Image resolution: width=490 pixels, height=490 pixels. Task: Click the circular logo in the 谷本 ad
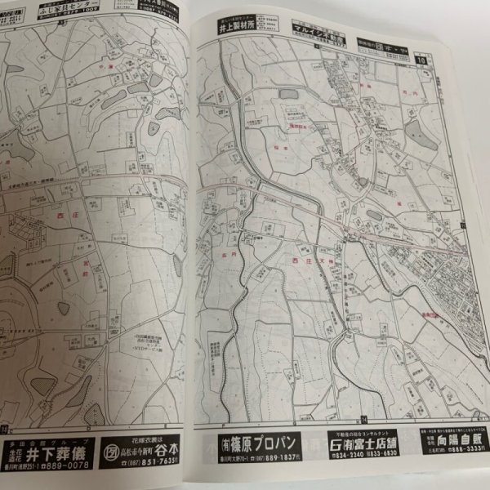point(113,451)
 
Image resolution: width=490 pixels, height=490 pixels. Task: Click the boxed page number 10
point(421,59)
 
